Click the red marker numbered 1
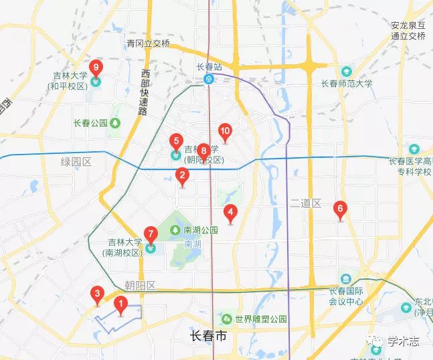tap(120, 305)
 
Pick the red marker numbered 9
tap(96, 68)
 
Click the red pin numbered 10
tap(226, 132)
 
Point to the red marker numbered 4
tap(231, 213)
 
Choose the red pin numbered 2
tap(181, 176)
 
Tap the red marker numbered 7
tap(151, 235)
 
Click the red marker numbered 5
tap(176, 142)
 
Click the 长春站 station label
tap(209, 67)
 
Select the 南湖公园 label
tap(201, 230)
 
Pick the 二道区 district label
tap(307, 203)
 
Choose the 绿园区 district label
tap(76, 162)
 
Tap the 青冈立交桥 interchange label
tap(149, 43)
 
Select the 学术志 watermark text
tap(403, 342)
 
